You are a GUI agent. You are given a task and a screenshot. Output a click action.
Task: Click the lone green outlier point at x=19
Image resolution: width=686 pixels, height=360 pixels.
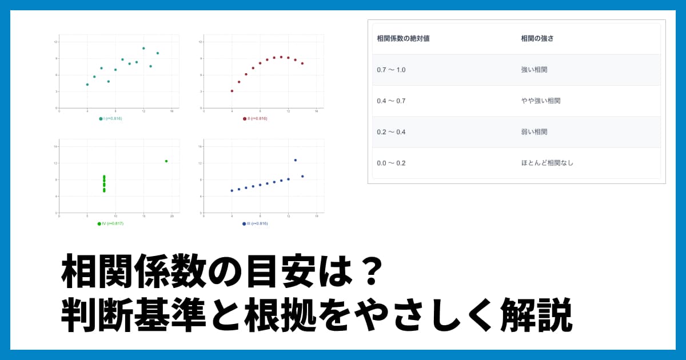166,161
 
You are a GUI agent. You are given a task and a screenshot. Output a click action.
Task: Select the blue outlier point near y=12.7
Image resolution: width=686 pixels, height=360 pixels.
296,160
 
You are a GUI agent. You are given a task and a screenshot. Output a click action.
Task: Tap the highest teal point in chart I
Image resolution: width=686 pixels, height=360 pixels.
143,48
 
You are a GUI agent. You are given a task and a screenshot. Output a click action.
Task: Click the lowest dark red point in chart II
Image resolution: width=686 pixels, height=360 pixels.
232,91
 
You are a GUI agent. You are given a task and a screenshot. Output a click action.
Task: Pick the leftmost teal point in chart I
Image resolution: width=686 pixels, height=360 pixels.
87,85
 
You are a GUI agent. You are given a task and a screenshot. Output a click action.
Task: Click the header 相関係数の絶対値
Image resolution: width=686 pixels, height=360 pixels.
404,39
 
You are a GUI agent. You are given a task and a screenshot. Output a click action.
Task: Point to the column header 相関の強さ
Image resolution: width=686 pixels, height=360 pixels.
537,39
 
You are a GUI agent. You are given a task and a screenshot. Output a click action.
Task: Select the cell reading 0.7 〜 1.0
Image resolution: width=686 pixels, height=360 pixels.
392,70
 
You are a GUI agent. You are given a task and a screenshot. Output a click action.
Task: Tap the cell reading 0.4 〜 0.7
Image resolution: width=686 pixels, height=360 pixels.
392,101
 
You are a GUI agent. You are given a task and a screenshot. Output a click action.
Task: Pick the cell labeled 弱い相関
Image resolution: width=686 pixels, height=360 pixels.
535,132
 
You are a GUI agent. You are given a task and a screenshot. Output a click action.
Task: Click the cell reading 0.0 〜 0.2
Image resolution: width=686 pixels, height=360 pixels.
392,163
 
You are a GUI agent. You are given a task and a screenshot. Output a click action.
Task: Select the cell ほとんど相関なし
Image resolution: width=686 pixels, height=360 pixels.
547,163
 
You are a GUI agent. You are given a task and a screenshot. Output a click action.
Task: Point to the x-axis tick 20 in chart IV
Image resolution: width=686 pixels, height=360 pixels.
172,217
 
